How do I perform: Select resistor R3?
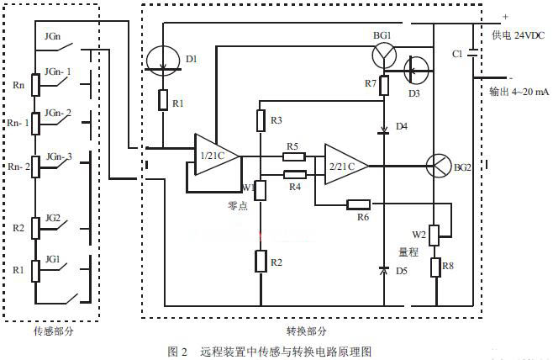[x=261, y=120]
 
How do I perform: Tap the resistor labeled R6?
[x=358, y=204]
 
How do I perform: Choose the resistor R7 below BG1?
[x=384, y=85]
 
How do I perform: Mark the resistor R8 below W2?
[x=435, y=267]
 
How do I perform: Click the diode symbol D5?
[x=384, y=271]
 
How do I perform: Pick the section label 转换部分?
[x=300, y=331]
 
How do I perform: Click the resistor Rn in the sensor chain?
[x=35, y=84]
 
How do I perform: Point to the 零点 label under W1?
[x=238, y=205]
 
